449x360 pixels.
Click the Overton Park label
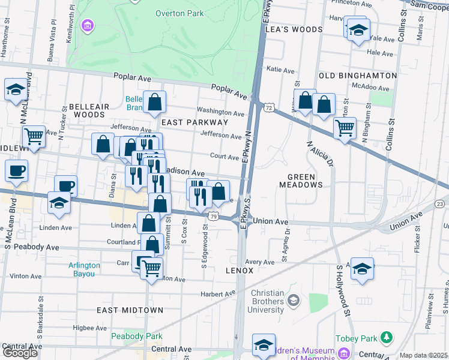tap(179, 13)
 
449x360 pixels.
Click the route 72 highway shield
tap(268, 107)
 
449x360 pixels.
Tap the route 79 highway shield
tap(213, 215)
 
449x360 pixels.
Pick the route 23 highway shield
tap(440, 204)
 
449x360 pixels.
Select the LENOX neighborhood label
tap(240, 271)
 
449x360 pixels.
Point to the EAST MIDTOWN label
tap(130, 310)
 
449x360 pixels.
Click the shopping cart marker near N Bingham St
tap(345, 128)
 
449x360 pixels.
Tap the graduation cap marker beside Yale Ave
tap(358, 31)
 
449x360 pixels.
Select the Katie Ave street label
tap(280, 70)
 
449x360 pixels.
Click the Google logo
tap(20, 353)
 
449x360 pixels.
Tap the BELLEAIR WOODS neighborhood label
tap(89, 110)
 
